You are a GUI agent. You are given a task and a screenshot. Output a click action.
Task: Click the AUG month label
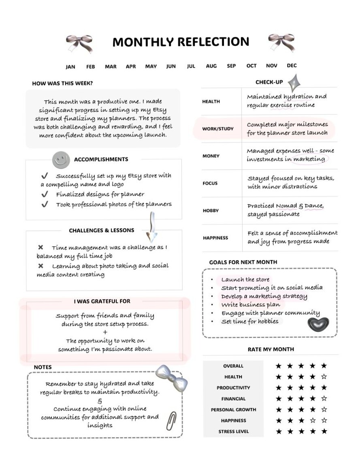tap(211, 66)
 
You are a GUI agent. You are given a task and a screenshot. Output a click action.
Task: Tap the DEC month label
tap(292, 66)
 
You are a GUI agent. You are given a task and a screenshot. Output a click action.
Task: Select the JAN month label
tap(70, 67)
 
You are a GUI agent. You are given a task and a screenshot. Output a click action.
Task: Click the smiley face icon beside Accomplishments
tap(61, 160)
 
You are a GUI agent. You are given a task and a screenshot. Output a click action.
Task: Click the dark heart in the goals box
tap(318, 324)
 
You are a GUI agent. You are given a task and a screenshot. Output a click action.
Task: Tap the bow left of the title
tap(79, 43)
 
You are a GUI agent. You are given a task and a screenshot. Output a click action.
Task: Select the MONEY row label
tap(211, 156)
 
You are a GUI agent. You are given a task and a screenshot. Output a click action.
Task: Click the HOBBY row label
tap(211, 211)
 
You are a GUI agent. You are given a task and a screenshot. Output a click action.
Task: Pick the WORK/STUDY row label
tap(218, 129)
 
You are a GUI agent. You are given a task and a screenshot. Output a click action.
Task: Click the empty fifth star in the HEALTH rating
tap(324, 377)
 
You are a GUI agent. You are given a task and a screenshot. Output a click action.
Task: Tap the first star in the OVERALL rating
tap(279, 366)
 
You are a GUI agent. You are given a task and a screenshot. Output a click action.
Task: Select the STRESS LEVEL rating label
tap(234, 432)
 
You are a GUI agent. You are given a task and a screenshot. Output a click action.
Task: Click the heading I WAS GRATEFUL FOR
tap(102, 301)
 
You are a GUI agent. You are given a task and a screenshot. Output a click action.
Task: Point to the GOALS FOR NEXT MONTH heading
tap(243, 262)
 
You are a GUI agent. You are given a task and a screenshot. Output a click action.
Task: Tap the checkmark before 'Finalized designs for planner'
tap(45, 195)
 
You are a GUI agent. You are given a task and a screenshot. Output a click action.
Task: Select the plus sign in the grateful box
tap(105, 332)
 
